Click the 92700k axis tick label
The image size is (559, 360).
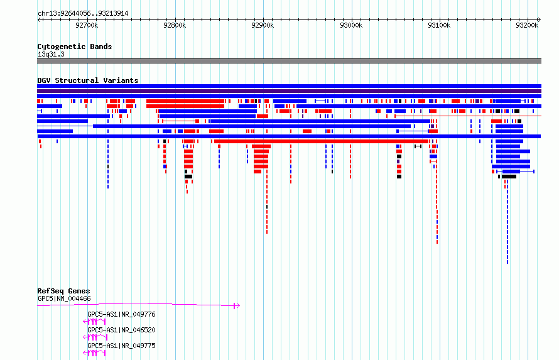(x=87, y=25)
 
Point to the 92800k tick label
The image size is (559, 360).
(x=175, y=25)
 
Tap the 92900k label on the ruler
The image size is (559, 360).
(x=263, y=25)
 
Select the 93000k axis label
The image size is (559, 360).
(x=351, y=25)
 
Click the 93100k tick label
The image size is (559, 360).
(x=439, y=25)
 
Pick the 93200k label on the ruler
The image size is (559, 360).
(x=527, y=25)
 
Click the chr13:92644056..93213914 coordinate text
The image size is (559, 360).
(x=83, y=14)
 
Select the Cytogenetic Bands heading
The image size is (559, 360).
(x=75, y=46)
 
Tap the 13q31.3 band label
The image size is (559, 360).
(x=51, y=54)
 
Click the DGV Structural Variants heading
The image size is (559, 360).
(x=88, y=80)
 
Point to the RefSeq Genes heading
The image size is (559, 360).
(x=63, y=291)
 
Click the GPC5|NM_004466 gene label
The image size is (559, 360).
(x=64, y=298)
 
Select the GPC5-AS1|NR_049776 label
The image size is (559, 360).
(x=122, y=314)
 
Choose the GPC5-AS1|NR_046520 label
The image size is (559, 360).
(x=122, y=330)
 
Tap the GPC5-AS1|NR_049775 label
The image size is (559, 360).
(x=122, y=346)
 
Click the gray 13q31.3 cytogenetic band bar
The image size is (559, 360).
(x=289, y=61)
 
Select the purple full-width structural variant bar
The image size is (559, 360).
(x=289, y=91)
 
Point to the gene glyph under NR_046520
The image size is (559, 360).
(x=95, y=337)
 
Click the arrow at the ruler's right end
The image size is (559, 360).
(x=540, y=20)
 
